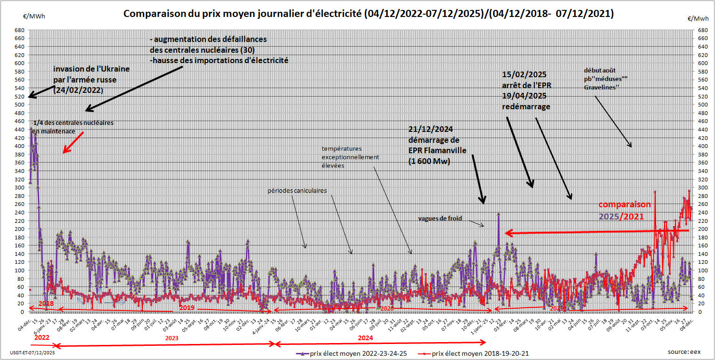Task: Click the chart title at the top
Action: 368,14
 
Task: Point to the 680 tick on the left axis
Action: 20,30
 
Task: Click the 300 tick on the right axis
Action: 701,187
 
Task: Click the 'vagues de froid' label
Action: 440,219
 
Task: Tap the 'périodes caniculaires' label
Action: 297,191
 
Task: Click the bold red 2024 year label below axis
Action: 365,338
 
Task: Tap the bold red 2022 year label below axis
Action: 41,338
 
